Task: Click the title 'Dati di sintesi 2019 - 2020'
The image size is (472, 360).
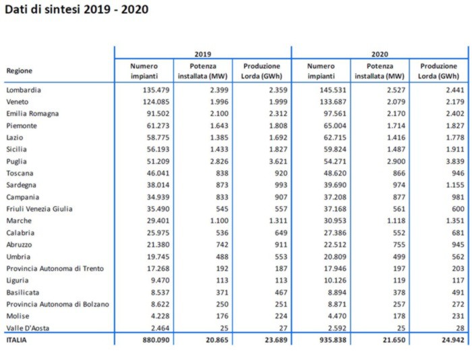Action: (77, 9)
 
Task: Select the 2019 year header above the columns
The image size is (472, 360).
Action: (203, 54)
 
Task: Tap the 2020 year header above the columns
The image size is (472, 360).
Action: (380, 54)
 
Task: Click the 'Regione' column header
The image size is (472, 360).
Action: (20, 71)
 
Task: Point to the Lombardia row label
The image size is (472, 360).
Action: (24, 90)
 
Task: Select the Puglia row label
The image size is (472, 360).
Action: (17, 162)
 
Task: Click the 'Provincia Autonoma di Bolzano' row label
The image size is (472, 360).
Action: (57, 304)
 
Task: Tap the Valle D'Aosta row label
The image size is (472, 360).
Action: (28, 328)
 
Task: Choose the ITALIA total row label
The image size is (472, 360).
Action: (17, 340)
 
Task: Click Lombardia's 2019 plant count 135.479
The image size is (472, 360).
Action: (156, 90)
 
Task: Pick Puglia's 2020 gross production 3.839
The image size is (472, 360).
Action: (455, 161)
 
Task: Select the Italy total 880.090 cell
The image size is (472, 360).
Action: (156, 340)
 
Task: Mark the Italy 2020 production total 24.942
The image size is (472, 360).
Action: (453, 340)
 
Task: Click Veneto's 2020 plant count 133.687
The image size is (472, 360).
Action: (333, 102)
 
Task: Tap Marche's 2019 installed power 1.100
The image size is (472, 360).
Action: (219, 220)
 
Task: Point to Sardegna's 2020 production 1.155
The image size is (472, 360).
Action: (455, 185)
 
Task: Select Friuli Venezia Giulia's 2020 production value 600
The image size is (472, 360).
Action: (458, 209)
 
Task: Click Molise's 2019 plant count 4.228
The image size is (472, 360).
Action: (160, 316)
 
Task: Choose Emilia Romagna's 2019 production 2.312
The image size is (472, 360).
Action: (278, 113)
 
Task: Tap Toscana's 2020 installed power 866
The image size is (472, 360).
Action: (399, 173)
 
